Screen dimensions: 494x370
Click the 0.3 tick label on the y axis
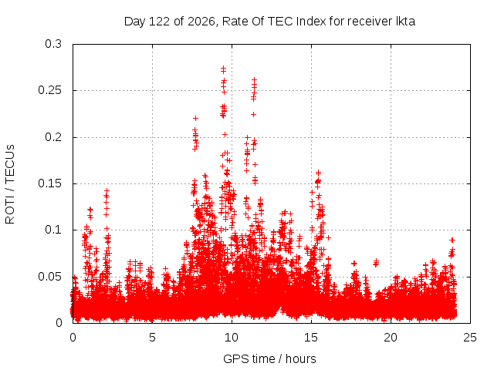pyautogui.click(x=53, y=44)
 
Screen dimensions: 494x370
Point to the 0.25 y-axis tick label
pyautogui.click(x=49, y=90)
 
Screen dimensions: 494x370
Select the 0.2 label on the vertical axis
pyautogui.click(x=53, y=137)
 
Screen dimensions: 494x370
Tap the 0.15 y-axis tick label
pyautogui.click(x=49, y=183)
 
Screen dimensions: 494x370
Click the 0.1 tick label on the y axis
pyautogui.click(x=53, y=230)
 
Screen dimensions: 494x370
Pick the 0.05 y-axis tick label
pyautogui.click(x=49, y=277)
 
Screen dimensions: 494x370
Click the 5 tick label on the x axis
pyautogui.click(x=153, y=338)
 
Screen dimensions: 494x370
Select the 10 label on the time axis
pyautogui.click(x=232, y=338)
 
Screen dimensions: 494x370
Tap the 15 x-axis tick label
pyautogui.click(x=311, y=338)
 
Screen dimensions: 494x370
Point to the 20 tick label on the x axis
pyautogui.click(x=391, y=338)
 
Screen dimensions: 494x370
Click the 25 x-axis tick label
pyautogui.click(x=470, y=338)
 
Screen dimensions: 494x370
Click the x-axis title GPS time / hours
pyautogui.click(x=269, y=359)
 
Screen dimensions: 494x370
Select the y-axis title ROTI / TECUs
pyautogui.click(x=10, y=184)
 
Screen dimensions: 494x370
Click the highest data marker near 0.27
pyautogui.click(x=223, y=68)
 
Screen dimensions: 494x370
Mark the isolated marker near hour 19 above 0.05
pyautogui.click(x=376, y=262)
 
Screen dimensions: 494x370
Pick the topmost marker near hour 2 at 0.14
pyautogui.click(x=107, y=190)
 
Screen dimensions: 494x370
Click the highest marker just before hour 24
pyautogui.click(x=452, y=240)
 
